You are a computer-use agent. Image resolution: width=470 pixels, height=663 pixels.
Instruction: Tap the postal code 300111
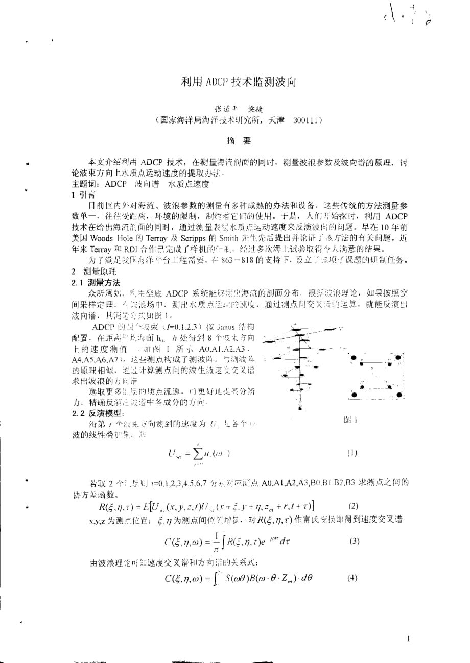coord(307,120)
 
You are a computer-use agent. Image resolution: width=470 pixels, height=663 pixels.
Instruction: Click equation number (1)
coord(352,452)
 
